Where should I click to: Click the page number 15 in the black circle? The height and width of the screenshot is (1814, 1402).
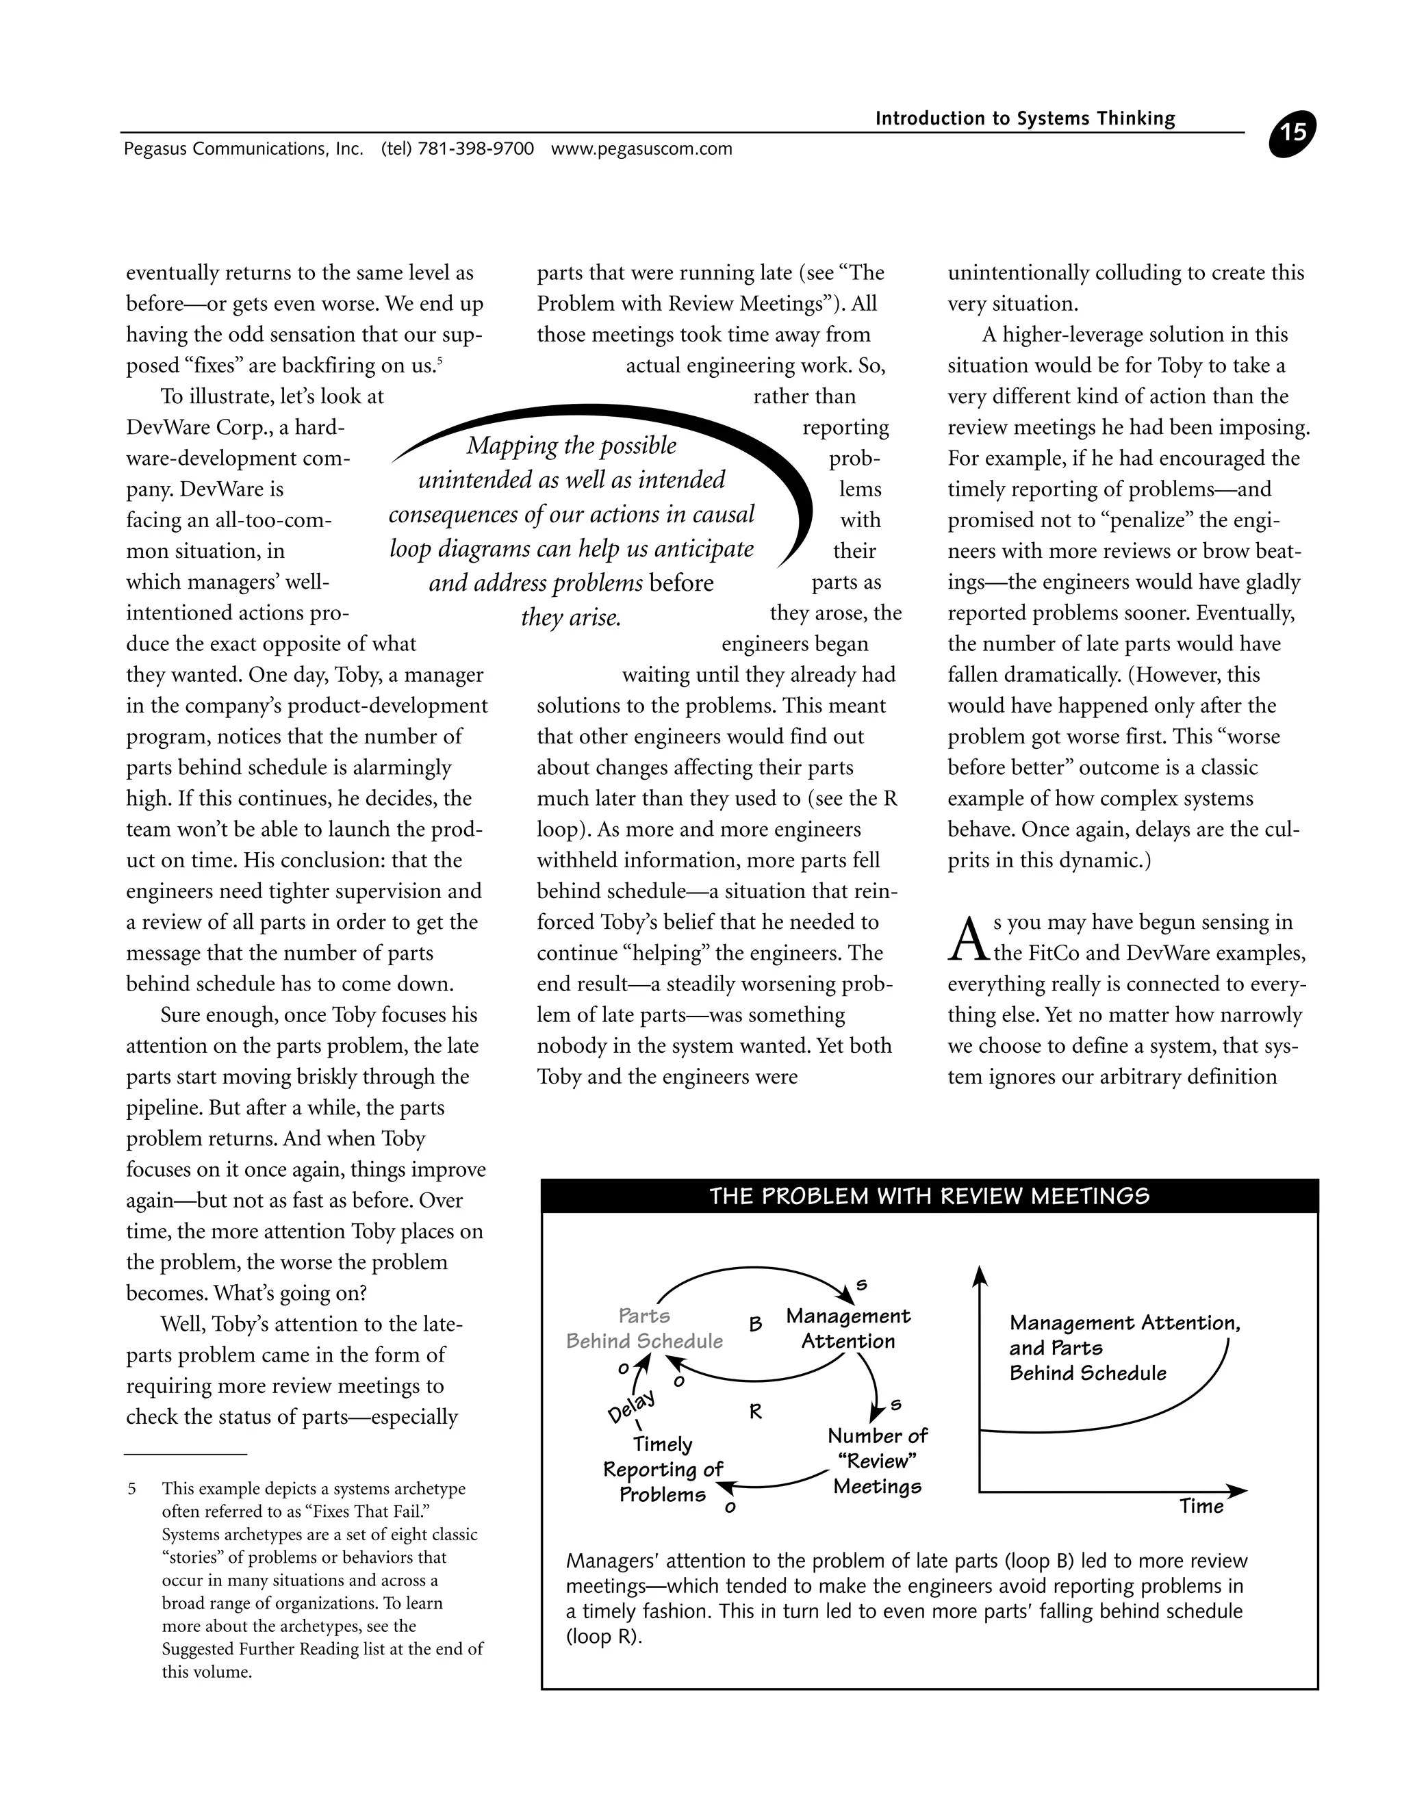click(1292, 133)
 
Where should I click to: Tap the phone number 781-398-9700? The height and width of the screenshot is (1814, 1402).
click(475, 149)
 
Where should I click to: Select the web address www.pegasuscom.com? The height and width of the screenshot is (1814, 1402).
click(641, 149)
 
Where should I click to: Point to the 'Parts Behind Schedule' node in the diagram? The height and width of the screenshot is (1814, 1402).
click(644, 1328)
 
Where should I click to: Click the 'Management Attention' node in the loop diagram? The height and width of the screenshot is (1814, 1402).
click(848, 1328)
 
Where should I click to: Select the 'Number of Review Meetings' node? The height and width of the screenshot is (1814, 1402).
click(877, 1460)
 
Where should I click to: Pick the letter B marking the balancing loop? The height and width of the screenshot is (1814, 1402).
click(755, 1324)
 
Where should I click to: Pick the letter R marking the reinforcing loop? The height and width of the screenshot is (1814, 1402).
click(755, 1411)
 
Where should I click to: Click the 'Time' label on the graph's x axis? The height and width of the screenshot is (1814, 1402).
click(1201, 1506)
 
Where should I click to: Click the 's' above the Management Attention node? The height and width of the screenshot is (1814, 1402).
click(861, 1285)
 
